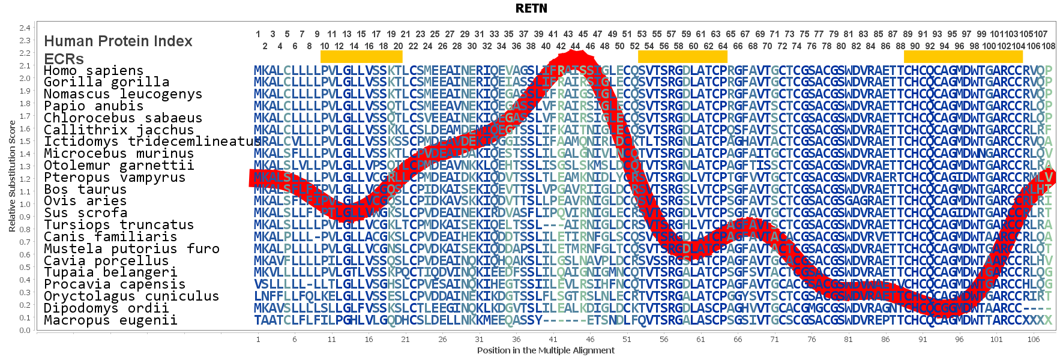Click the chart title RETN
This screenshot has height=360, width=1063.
(531, 8)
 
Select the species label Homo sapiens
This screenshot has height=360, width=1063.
(94, 70)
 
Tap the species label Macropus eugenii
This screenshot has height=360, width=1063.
(110, 320)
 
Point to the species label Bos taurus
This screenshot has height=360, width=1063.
(85, 189)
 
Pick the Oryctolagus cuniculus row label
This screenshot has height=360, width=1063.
(131, 296)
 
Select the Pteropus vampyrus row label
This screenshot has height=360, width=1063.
(115, 177)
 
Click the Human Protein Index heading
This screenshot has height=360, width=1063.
(118, 41)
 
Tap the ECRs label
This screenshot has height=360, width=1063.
(64, 59)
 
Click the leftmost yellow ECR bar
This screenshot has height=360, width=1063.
(361, 56)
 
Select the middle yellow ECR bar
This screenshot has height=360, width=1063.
(682, 56)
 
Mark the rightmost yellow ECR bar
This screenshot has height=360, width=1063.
(963, 56)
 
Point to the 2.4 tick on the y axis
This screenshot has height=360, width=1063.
(25, 28)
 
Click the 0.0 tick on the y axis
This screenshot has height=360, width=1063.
(25, 330)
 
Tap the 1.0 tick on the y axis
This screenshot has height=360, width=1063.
(25, 204)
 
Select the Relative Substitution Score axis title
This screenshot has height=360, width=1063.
(12, 176)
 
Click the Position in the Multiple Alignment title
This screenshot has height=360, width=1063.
(546, 350)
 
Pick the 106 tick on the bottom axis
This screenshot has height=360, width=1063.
(1033, 340)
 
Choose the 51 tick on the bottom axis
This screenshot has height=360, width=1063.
(627, 340)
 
